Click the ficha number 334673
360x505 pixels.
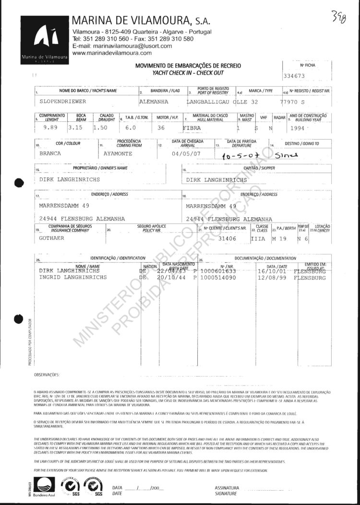pos(295,76)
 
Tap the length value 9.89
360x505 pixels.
pos(49,128)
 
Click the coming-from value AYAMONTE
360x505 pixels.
pos(120,155)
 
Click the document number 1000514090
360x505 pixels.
pos(218,277)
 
